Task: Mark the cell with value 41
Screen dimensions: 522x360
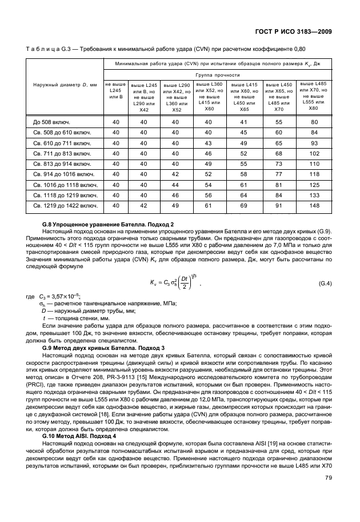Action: pos(244,122)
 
